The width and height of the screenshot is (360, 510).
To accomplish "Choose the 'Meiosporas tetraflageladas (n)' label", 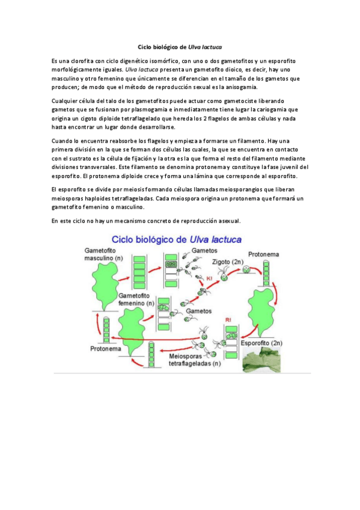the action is [x=194, y=359].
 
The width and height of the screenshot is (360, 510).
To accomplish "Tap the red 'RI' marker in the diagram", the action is [x=228, y=318].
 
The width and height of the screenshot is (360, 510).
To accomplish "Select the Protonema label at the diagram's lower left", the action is [x=106, y=348].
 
